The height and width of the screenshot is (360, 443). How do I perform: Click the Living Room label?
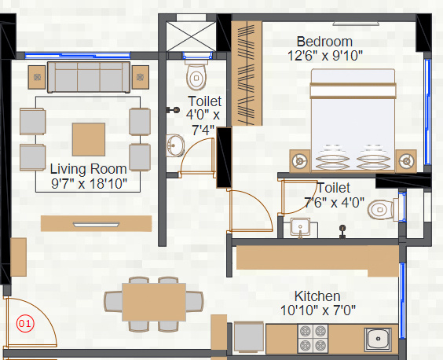tap(88, 169)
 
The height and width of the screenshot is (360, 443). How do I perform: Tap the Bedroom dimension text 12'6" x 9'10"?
tap(325, 55)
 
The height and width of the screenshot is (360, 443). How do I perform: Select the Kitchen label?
tap(317, 296)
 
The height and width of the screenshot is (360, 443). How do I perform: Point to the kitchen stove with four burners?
tap(312, 338)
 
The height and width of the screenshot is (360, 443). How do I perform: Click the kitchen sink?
tap(379, 339)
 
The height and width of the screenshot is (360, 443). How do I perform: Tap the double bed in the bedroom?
tap(353, 118)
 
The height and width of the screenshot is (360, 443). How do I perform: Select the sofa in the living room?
tap(88, 76)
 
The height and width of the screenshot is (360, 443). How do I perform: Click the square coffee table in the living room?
tap(87, 139)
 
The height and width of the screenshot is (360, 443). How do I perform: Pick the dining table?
tap(153, 303)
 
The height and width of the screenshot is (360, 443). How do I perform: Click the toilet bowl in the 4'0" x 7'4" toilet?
tap(196, 76)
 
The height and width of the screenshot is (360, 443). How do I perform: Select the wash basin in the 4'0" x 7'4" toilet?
tap(176, 145)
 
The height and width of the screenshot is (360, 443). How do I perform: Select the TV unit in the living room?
tap(97, 223)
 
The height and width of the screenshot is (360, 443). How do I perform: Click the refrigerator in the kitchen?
tap(248, 337)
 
